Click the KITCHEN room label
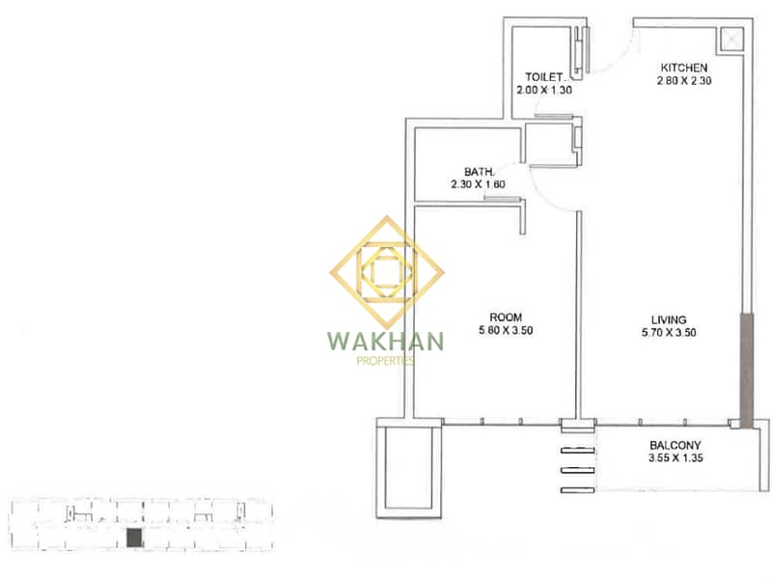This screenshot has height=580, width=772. click(684, 68)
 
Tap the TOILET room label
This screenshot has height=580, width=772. click(543, 77)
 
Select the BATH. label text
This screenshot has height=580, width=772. click(479, 172)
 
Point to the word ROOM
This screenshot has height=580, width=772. click(506, 318)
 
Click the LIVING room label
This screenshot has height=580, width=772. click(669, 319)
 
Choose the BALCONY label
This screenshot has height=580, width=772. click(675, 446)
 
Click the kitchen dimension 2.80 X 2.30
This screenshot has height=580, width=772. click(684, 81)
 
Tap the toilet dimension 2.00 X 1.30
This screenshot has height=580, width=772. click(544, 90)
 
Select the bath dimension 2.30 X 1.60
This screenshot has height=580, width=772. click(478, 184)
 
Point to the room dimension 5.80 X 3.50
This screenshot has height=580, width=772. click(506, 330)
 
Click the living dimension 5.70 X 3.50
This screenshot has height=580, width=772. click(669, 332)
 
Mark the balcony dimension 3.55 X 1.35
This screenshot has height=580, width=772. click(675, 458)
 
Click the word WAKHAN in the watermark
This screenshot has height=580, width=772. click(385, 342)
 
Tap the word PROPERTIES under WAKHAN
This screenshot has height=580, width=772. click(385, 361)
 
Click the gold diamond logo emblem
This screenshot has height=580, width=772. click(387, 272)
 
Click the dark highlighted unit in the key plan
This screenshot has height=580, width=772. click(134, 538)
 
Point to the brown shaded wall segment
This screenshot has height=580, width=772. click(746, 371)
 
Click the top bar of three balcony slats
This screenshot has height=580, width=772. click(577, 450)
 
